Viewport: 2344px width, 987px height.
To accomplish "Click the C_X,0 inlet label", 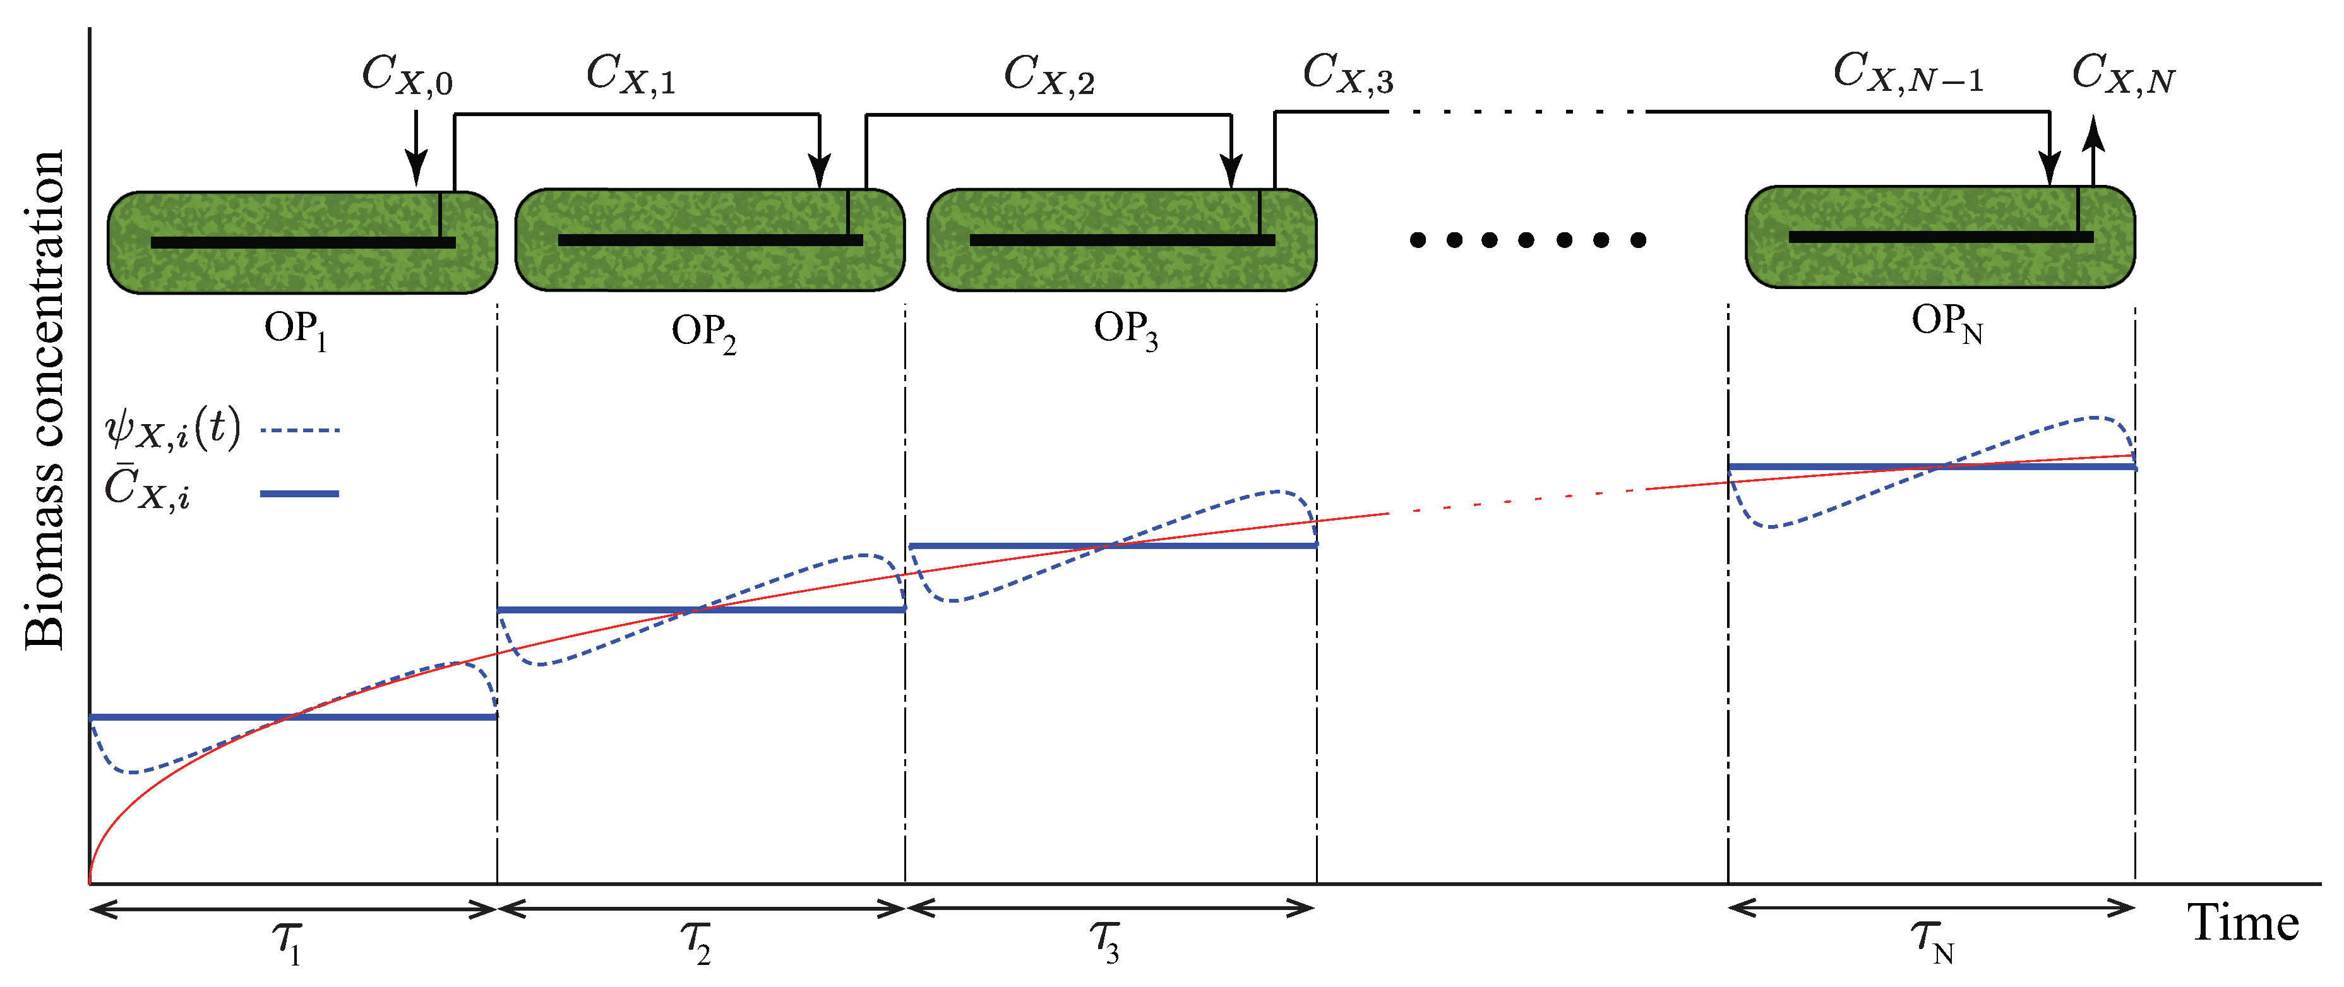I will click(407, 74).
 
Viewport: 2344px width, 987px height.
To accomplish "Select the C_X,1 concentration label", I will click(631, 74).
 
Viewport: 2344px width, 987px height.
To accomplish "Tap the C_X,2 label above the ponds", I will click(1048, 74).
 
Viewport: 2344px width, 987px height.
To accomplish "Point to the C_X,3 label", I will click(1348, 73).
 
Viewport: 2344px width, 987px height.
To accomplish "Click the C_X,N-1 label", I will click(1907, 73).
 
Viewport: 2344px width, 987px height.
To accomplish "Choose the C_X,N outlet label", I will click(2122, 74).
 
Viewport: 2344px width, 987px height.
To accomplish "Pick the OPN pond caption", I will click(1946, 323).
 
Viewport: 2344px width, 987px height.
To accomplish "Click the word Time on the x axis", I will click(2242, 923).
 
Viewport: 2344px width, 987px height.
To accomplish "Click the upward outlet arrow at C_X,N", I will click(2094, 146).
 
